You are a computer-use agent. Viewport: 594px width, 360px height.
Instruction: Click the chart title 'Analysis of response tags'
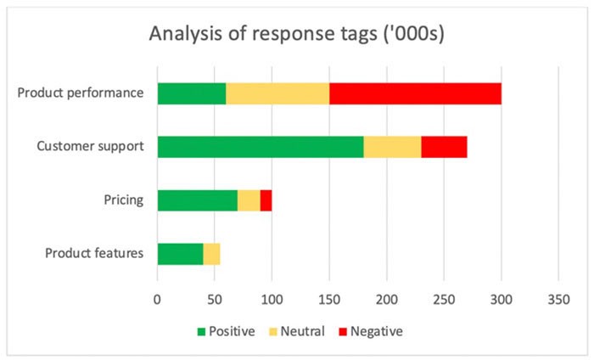[296, 35]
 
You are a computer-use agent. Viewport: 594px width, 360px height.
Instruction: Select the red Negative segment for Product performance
[415, 93]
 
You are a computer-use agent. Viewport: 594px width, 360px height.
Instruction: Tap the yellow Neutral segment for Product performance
[277, 93]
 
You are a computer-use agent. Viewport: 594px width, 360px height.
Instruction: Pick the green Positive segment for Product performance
[192, 93]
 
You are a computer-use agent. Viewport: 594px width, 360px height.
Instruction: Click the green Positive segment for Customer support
[261, 146]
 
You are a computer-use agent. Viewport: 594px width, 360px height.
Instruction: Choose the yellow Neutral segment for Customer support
[392, 146]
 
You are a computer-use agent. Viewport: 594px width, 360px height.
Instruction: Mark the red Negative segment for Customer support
[444, 146]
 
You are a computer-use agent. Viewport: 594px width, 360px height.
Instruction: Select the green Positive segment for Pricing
[197, 200]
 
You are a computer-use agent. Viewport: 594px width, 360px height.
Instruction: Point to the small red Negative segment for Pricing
[266, 200]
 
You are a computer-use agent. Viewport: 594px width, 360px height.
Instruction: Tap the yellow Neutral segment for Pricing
[249, 200]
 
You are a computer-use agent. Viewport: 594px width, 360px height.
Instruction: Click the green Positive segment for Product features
[180, 254]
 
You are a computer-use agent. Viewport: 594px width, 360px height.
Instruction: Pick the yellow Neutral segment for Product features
[211, 254]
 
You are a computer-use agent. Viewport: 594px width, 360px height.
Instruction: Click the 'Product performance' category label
[81, 93]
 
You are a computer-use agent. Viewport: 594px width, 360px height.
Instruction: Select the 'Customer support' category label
[90, 146]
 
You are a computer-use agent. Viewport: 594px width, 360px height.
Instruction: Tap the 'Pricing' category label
[124, 200]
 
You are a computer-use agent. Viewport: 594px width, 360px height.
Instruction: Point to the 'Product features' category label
[94, 254]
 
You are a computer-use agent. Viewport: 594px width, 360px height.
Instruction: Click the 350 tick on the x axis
[558, 300]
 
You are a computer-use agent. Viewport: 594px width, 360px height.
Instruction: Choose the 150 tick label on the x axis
[329, 300]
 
